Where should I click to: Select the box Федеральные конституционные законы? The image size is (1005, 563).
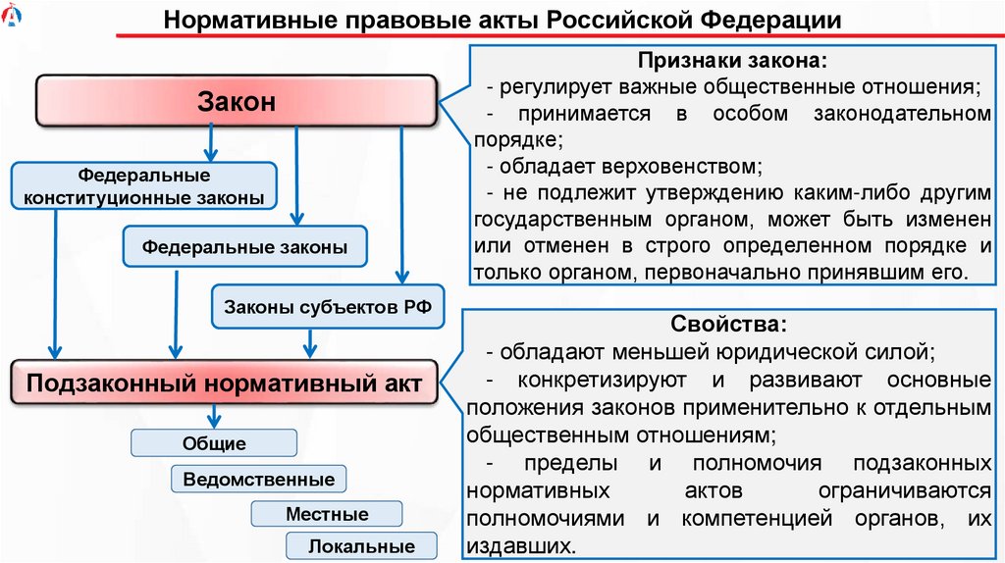click(144, 186)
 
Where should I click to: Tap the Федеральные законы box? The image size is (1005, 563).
click(244, 247)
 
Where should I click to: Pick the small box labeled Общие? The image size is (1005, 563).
click(214, 443)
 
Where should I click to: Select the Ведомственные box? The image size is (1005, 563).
click(259, 480)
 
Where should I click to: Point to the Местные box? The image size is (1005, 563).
click(327, 514)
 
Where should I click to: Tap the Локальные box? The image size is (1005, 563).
click(361, 546)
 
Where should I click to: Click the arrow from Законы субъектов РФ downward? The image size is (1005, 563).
click(311, 343)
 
